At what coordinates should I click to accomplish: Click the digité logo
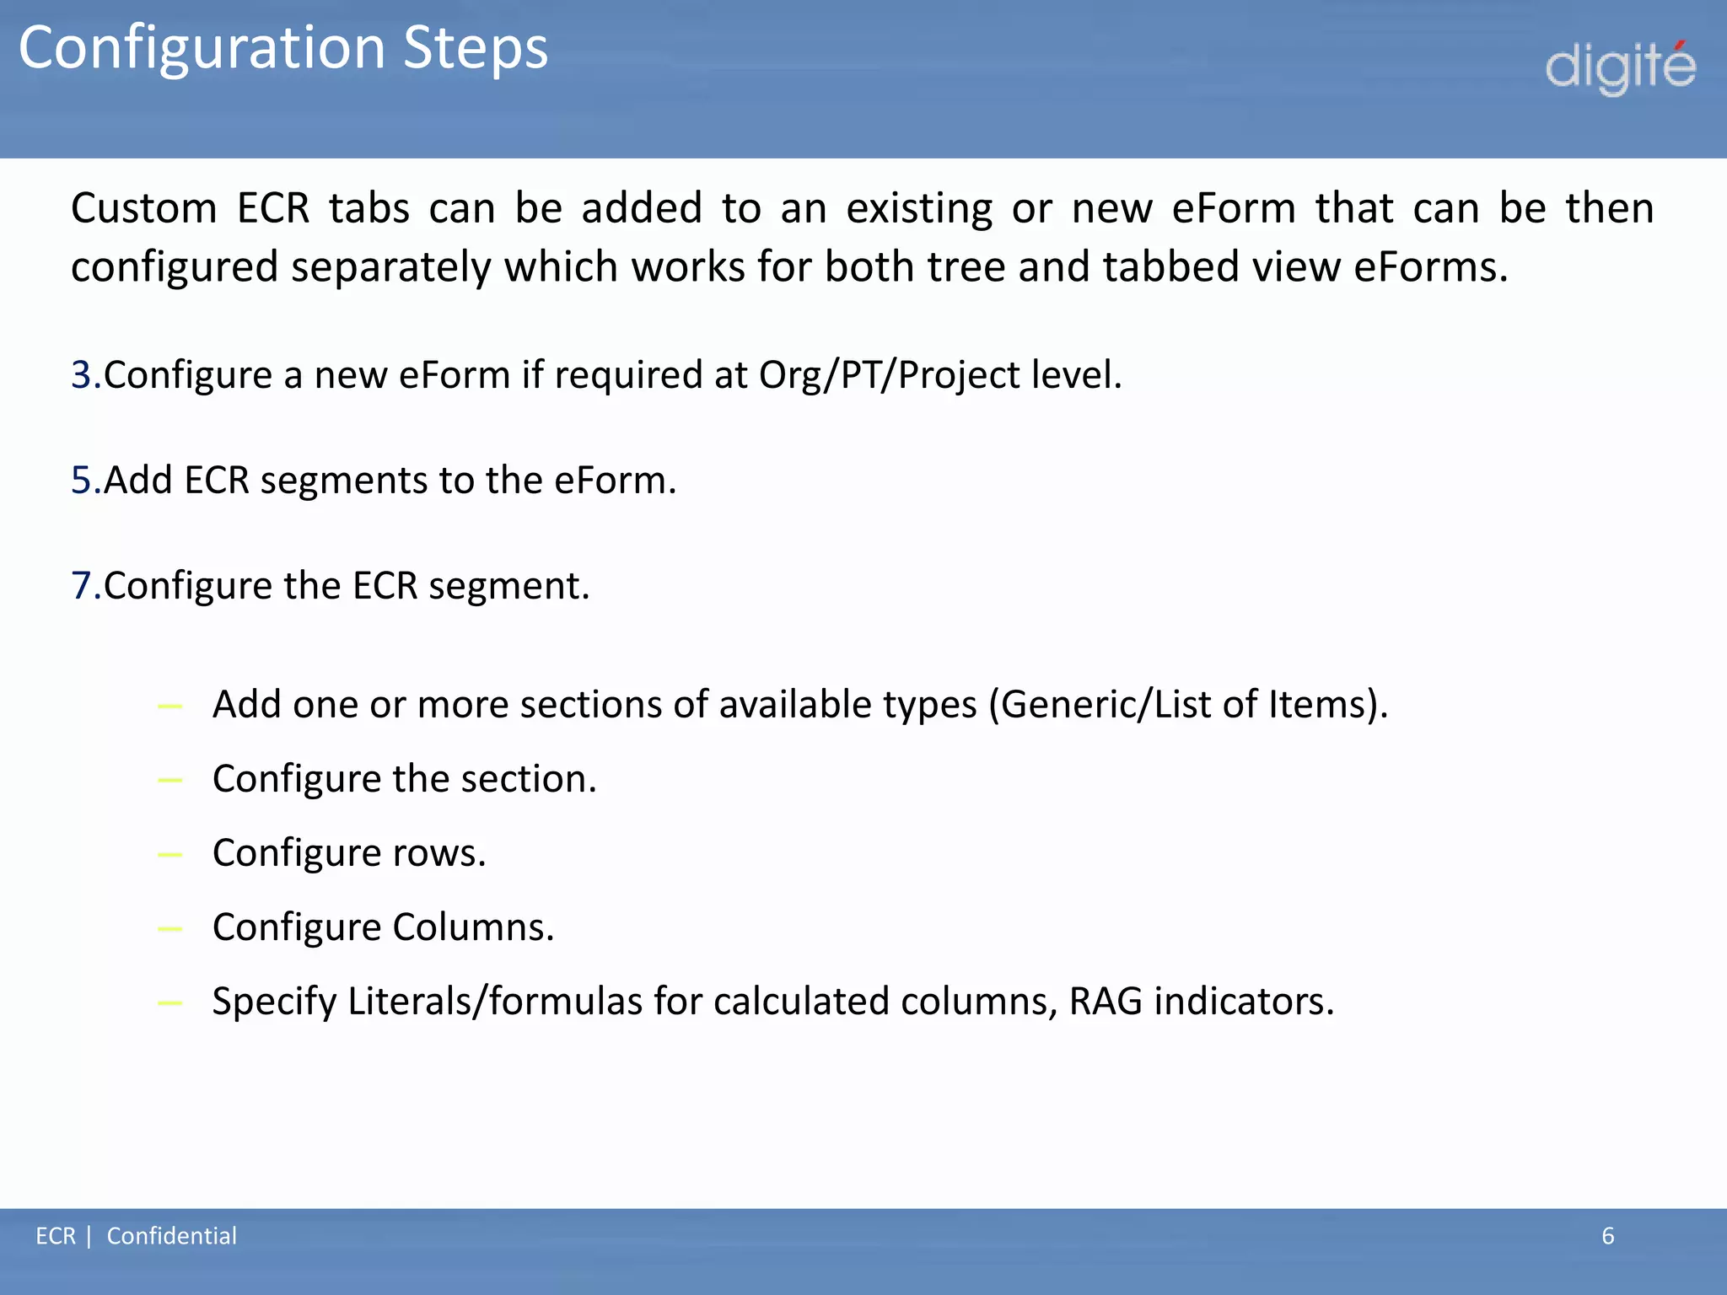coord(1620,67)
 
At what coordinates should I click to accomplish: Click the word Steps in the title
coord(476,48)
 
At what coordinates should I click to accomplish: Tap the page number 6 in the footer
coord(1607,1236)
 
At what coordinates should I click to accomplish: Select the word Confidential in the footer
coord(171,1236)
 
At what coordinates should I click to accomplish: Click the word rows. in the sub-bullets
coord(439,852)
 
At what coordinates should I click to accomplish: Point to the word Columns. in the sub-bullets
coord(473,927)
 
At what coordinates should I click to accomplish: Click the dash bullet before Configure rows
coord(170,854)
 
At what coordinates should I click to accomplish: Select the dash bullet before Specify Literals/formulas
coord(170,1002)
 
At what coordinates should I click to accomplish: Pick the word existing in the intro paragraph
coord(919,208)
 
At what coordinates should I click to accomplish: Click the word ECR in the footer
coord(56,1236)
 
